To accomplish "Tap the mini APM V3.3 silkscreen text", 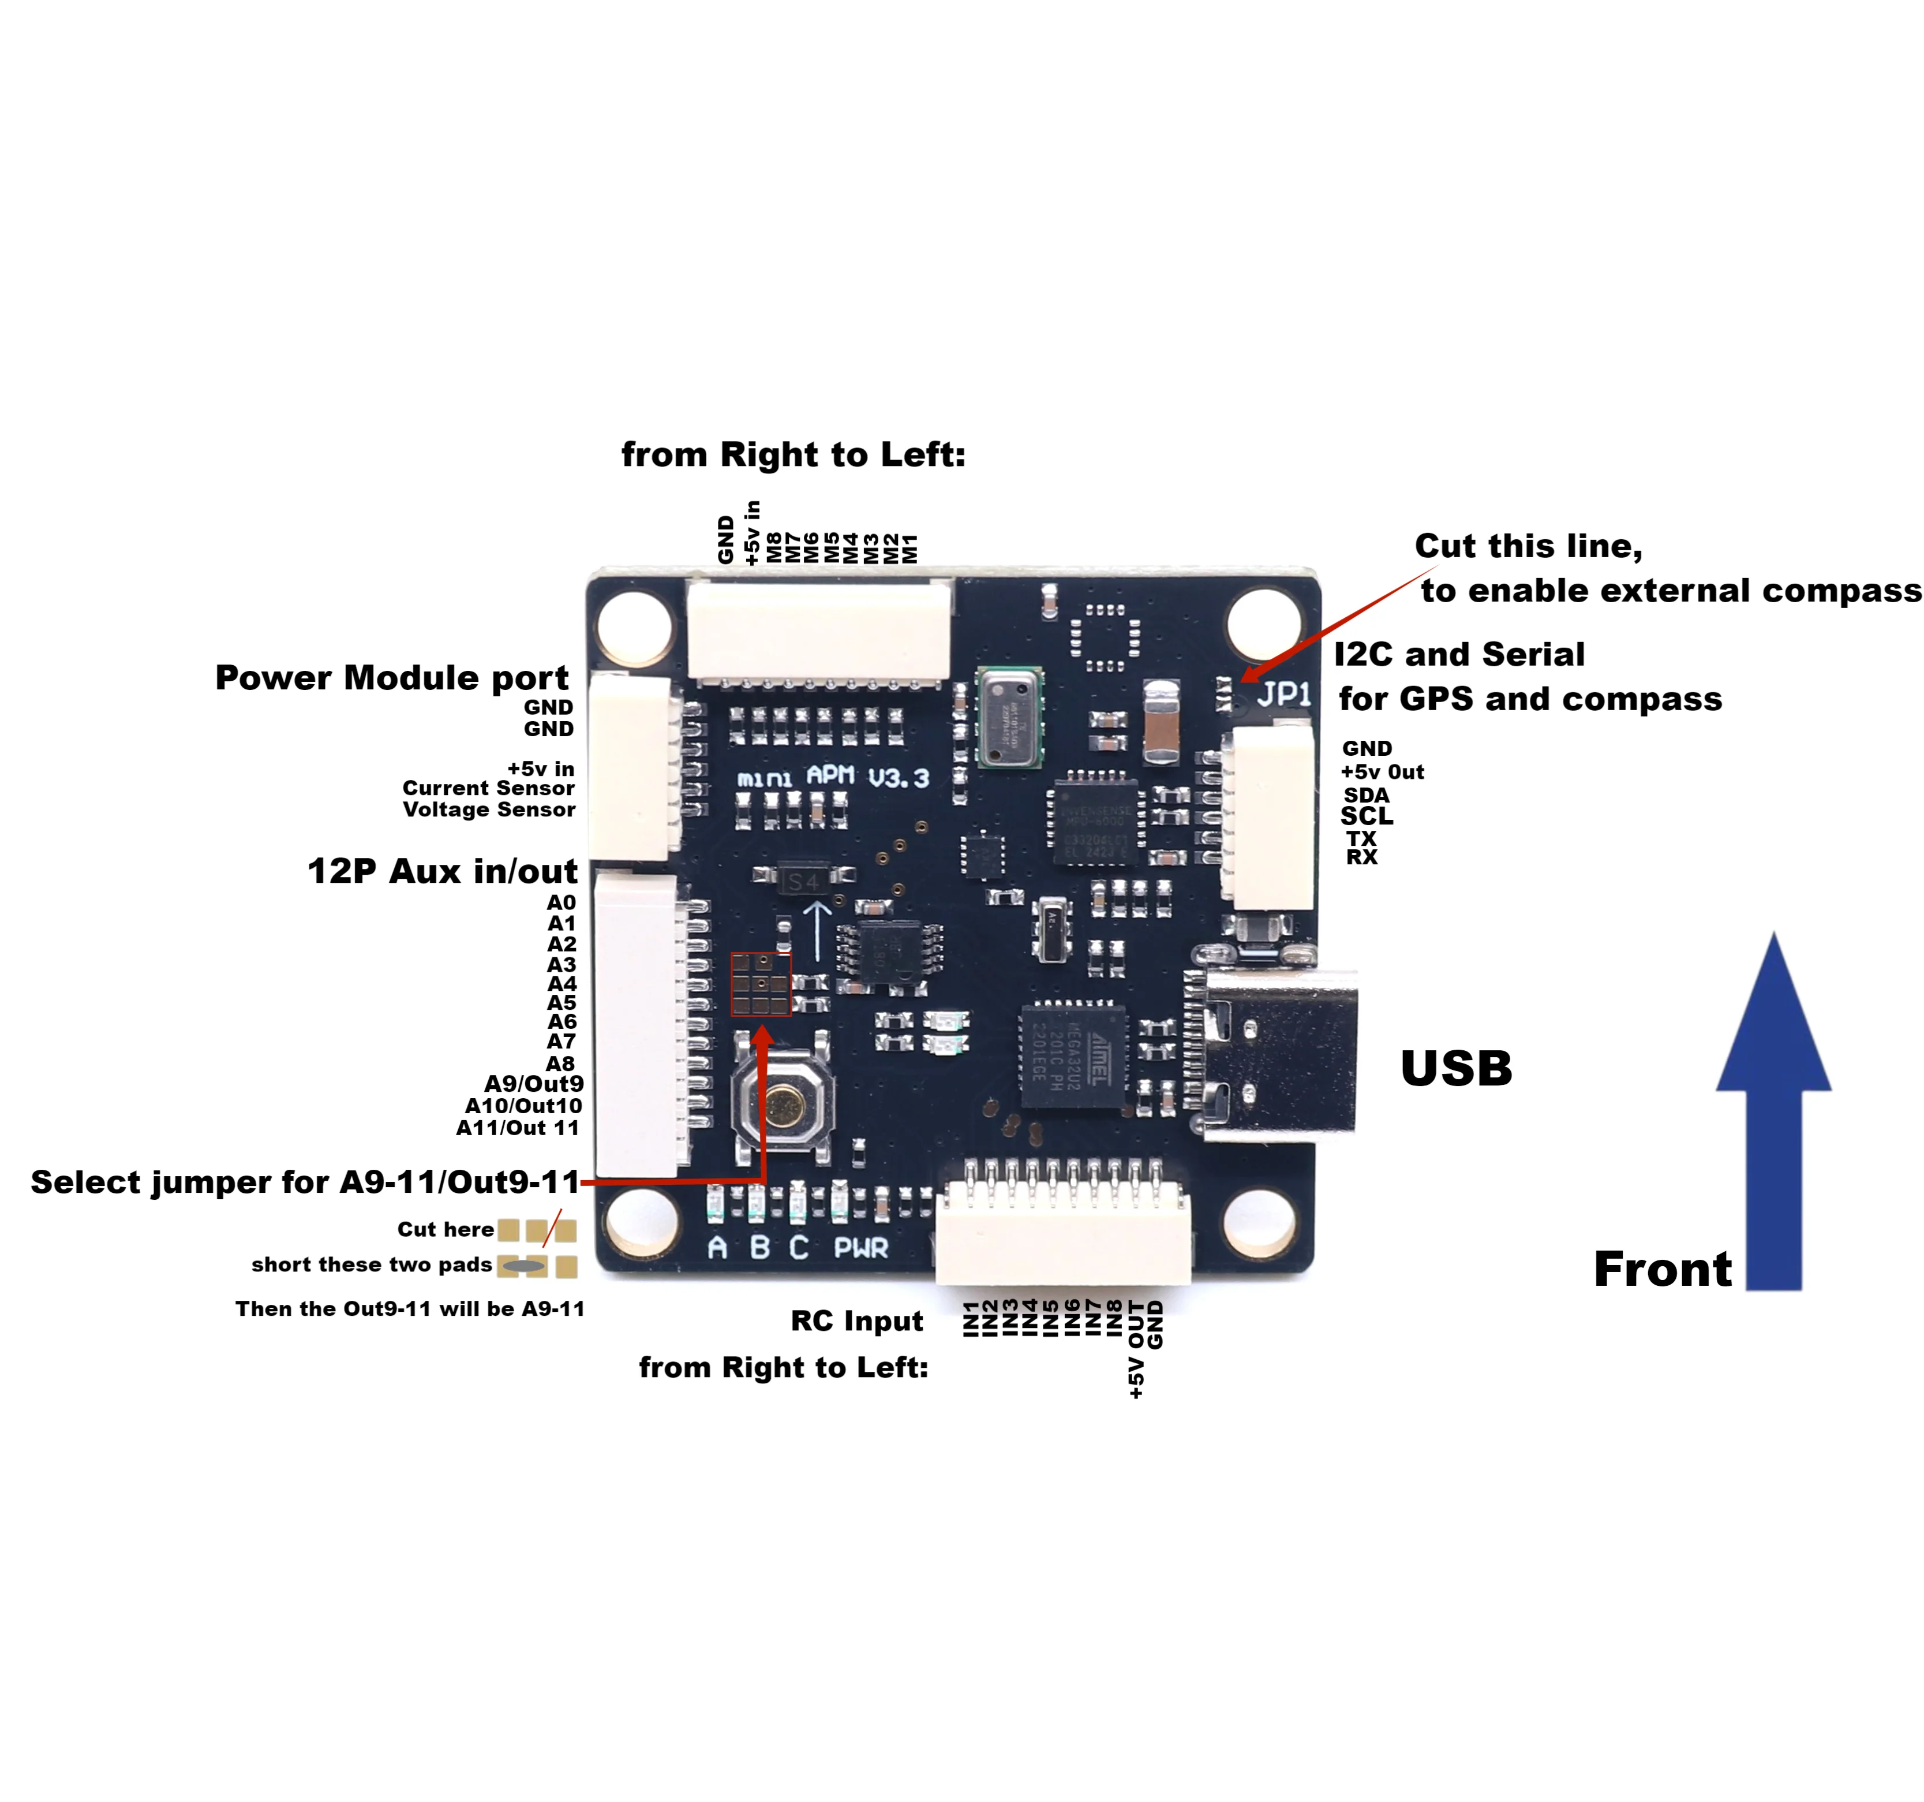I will click(832, 778).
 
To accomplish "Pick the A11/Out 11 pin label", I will click(518, 1128).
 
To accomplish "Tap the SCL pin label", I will click(1365, 816).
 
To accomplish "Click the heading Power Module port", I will click(392, 678).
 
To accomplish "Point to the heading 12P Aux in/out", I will click(442, 871).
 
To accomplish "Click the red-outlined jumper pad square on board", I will click(761, 984).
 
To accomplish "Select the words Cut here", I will click(445, 1230).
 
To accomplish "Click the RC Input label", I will click(856, 1321).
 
